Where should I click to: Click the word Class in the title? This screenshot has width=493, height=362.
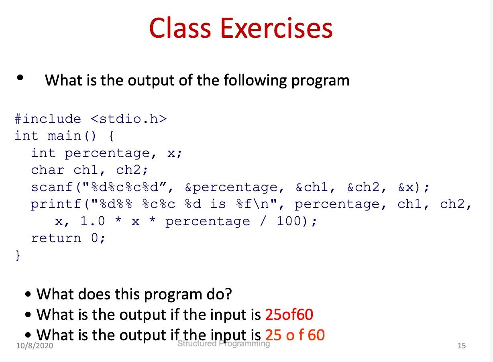(x=180, y=28)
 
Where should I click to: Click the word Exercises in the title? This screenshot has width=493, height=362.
(x=277, y=28)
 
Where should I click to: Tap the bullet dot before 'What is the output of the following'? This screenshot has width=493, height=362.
(x=20, y=77)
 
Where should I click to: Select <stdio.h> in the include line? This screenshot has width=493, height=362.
(x=129, y=119)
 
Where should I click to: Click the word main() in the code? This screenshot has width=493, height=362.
(x=72, y=136)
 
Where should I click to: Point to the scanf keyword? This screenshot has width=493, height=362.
(x=52, y=187)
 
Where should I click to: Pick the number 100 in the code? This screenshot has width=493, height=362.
(x=289, y=221)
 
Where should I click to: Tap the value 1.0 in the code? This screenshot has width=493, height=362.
(x=92, y=221)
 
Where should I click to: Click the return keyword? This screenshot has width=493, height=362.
(x=56, y=238)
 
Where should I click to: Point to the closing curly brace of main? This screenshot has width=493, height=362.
(x=18, y=256)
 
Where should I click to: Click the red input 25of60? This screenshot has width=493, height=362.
(x=289, y=315)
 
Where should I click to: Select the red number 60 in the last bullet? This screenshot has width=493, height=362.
(x=316, y=335)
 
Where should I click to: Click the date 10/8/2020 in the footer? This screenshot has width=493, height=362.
(x=35, y=346)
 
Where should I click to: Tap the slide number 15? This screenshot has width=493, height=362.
(x=462, y=346)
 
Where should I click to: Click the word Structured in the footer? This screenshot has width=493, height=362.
(x=197, y=344)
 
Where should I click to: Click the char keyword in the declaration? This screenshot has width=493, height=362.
(x=48, y=170)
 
